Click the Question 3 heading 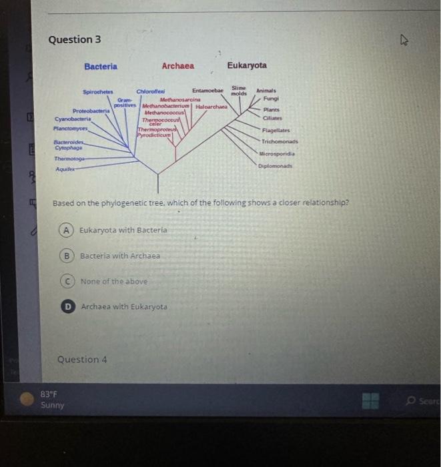point(75,39)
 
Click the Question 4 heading point(82,360)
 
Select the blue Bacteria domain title point(101,66)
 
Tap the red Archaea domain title point(177,66)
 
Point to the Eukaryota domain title point(246,65)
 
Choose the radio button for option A point(67,230)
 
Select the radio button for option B point(67,256)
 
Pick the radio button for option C point(67,281)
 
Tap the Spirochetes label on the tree point(98,92)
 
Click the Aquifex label point(64,170)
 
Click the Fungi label point(270,99)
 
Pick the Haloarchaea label point(211,106)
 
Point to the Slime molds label point(239,91)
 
